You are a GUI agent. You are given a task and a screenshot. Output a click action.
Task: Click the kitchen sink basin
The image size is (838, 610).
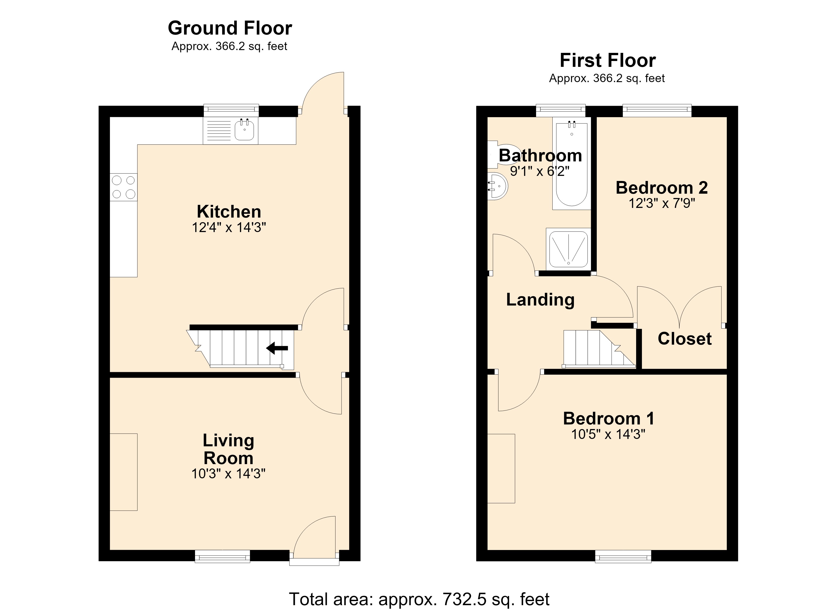(x=244, y=130)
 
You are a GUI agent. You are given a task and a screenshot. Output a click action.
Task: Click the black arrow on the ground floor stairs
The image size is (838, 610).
(x=277, y=348)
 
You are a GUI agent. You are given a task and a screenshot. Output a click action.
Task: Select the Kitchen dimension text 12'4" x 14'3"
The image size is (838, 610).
(x=229, y=227)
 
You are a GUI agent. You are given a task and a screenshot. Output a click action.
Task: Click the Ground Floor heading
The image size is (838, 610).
(x=230, y=28)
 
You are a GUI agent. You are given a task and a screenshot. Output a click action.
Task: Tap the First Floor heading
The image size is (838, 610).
(x=608, y=60)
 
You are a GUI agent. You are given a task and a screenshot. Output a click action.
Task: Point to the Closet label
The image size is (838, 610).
(x=685, y=339)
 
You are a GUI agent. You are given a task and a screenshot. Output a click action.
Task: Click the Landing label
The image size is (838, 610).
(x=540, y=300)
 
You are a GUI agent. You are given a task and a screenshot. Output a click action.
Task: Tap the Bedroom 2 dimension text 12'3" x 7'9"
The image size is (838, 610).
(x=662, y=203)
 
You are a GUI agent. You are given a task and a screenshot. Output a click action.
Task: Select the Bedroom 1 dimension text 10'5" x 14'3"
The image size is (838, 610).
(x=608, y=434)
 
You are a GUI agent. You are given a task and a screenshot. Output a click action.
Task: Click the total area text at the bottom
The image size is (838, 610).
(x=419, y=599)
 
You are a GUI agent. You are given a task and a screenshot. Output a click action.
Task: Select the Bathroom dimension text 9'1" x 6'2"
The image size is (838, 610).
(x=540, y=171)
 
